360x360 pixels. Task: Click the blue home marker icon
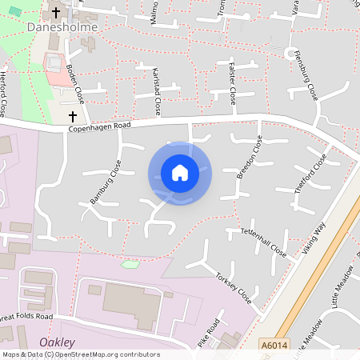click(x=180, y=173)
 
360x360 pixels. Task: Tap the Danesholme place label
click(x=63, y=27)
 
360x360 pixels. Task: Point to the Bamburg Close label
click(x=105, y=182)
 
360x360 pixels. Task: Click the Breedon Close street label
click(x=249, y=157)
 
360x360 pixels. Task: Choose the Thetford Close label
click(x=310, y=173)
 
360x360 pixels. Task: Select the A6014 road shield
click(x=274, y=345)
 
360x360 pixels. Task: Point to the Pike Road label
click(x=208, y=333)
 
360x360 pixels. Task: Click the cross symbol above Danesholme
click(x=56, y=12)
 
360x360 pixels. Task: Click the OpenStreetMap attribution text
click(x=81, y=354)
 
